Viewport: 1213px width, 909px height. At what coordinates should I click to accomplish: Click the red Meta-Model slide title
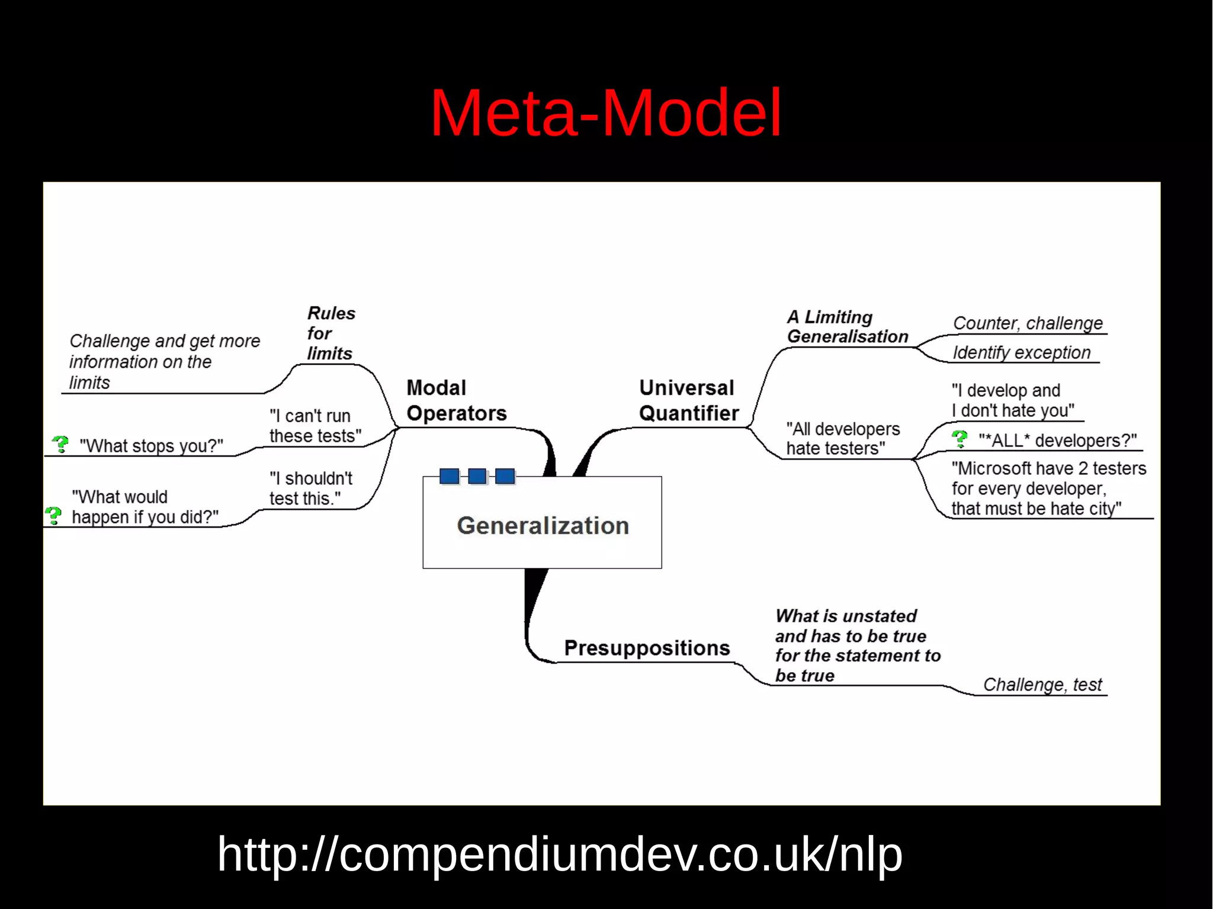point(605,113)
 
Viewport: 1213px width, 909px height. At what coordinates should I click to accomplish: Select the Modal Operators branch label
point(456,400)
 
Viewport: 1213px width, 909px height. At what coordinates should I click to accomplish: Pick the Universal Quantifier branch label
point(688,400)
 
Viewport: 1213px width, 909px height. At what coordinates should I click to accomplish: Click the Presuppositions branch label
point(647,648)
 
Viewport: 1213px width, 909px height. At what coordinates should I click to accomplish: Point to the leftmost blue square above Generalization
point(450,476)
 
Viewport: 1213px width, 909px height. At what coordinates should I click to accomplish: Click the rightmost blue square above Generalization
point(505,476)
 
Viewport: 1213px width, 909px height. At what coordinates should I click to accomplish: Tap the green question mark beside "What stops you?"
point(60,444)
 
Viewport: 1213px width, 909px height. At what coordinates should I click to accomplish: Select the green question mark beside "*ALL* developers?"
point(960,439)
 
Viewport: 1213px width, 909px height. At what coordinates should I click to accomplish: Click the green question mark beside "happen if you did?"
point(54,515)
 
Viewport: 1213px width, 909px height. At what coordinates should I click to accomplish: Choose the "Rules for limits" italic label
point(330,333)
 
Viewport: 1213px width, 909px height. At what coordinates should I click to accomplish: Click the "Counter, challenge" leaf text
point(1028,323)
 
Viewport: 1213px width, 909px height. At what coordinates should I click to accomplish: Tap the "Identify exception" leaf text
point(1021,352)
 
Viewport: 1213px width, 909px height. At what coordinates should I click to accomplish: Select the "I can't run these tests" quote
point(315,426)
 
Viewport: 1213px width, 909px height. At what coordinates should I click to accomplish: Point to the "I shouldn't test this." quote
point(310,489)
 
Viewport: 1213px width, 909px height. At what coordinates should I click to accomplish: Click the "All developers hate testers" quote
point(842,438)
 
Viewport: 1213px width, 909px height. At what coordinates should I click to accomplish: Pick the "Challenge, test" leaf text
point(1042,685)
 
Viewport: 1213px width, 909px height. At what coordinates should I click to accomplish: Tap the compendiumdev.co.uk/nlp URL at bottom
point(559,854)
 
